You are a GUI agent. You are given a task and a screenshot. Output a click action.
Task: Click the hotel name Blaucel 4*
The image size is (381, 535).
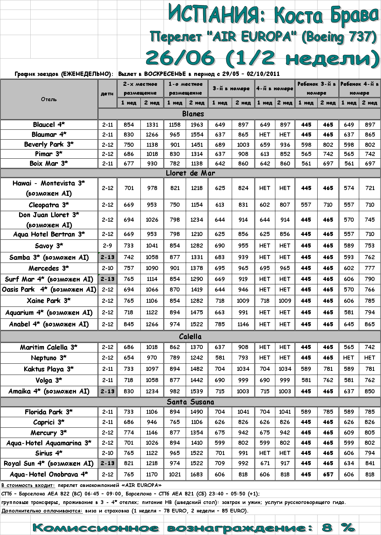(x=49, y=125)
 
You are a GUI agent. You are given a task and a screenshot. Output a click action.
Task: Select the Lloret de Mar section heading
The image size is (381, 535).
(x=190, y=173)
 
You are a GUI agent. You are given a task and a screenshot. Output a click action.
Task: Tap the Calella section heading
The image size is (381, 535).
(x=190, y=336)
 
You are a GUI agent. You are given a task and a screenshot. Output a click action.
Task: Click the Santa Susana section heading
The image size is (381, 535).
(x=190, y=402)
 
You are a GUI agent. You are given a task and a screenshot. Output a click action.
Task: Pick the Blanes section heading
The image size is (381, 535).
(x=193, y=114)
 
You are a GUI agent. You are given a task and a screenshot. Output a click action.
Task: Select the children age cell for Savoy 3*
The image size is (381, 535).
(x=107, y=246)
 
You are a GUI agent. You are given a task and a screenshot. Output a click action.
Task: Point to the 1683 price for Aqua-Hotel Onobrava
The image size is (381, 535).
(x=197, y=474)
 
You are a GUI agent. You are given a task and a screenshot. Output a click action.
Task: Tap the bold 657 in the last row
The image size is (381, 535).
(x=328, y=474)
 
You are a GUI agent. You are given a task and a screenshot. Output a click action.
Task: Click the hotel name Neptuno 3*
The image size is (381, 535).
(x=49, y=358)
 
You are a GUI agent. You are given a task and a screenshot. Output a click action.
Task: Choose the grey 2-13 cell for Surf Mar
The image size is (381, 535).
(x=107, y=279)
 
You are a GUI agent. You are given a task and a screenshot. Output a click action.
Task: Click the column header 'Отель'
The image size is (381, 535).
(x=49, y=99)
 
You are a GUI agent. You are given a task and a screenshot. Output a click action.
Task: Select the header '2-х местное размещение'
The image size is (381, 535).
(x=140, y=88)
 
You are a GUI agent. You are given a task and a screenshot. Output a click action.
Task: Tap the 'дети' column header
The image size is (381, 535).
(x=107, y=94)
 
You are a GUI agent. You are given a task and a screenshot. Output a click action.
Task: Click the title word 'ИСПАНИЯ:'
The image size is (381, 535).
(x=217, y=14)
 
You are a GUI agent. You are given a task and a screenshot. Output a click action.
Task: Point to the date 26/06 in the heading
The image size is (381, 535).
(x=181, y=58)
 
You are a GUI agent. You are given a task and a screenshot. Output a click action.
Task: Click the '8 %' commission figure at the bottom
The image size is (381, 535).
(x=337, y=528)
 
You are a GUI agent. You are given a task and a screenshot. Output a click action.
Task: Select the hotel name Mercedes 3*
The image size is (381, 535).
(x=49, y=268)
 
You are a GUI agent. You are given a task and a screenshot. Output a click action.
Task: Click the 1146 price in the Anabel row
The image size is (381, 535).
(x=243, y=324)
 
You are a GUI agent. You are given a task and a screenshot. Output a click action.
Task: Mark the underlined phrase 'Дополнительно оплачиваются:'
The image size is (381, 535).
(x=42, y=511)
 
